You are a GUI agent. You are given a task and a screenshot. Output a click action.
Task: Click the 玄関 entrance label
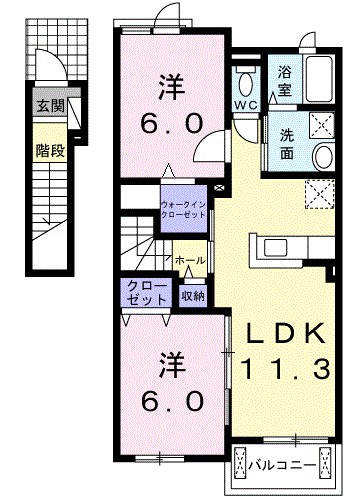48,105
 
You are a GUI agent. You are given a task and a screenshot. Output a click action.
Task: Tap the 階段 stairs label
48,154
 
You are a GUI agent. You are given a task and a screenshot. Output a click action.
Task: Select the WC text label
246,105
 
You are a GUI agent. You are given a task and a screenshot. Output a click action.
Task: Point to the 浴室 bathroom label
284,81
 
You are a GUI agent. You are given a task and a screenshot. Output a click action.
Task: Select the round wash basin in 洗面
322,157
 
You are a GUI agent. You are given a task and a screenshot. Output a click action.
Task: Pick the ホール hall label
190,260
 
